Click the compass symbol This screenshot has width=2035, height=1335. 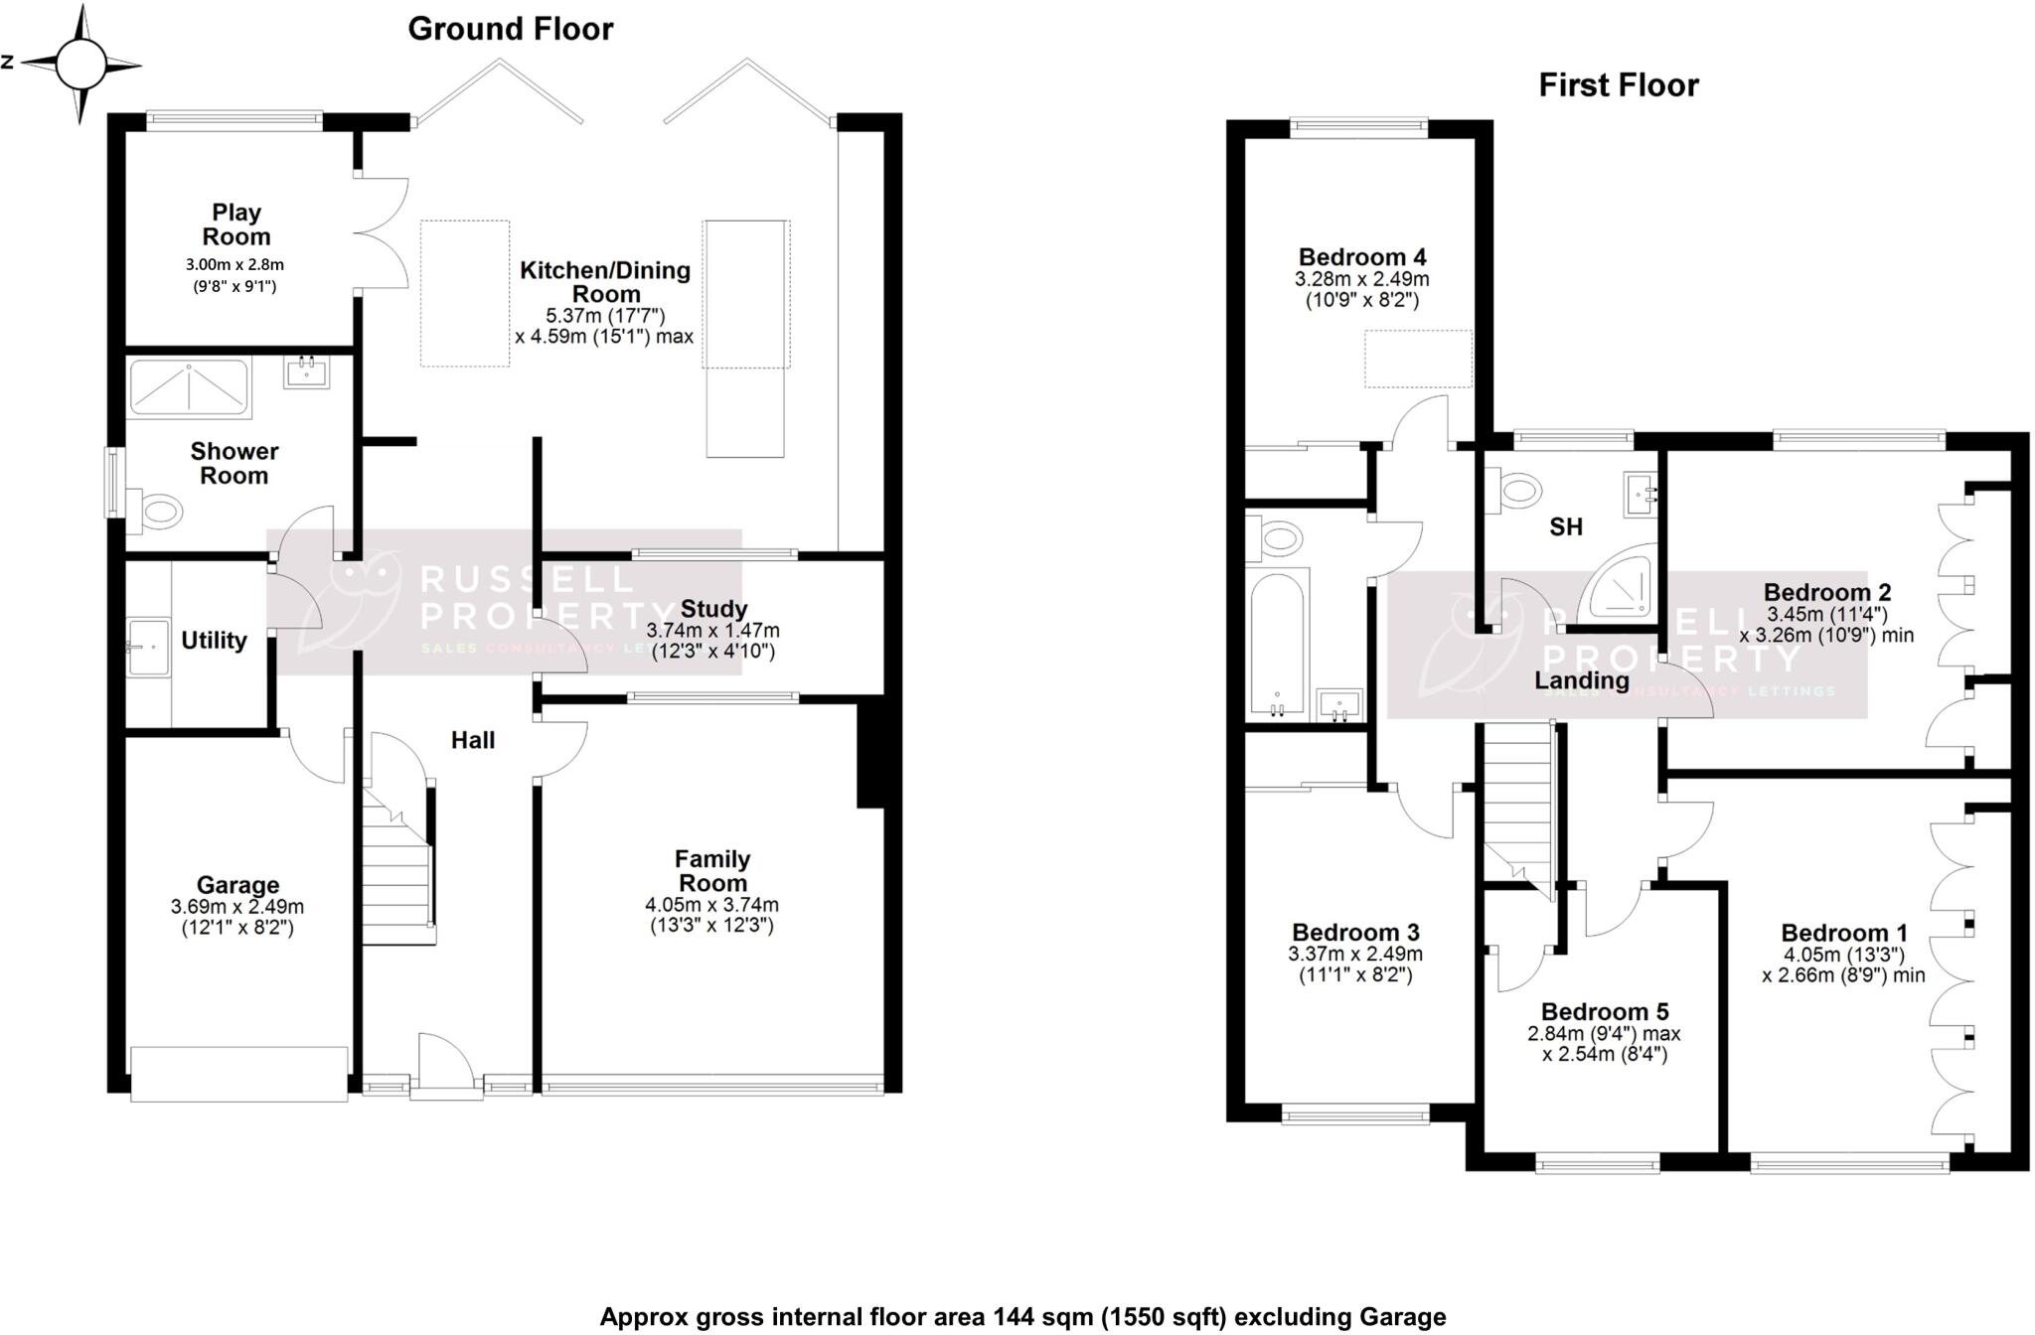(80, 65)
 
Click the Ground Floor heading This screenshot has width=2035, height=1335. (511, 30)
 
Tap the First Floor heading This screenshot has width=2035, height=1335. (1619, 85)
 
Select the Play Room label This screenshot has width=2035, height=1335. (236, 224)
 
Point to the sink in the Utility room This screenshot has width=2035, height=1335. (149, 648)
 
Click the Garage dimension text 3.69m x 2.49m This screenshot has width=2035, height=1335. (237, 907)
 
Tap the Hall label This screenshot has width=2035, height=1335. (473, 740)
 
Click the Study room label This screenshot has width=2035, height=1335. (714, 609)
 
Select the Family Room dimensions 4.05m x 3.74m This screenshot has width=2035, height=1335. (711, 905)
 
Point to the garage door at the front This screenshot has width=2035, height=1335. (238, 1074)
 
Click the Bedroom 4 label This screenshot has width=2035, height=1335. (1362, 257)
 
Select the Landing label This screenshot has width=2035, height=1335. (1582, 680)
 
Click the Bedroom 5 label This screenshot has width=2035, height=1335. (1605, 1012)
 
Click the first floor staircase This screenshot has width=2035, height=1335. (1518, 805)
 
